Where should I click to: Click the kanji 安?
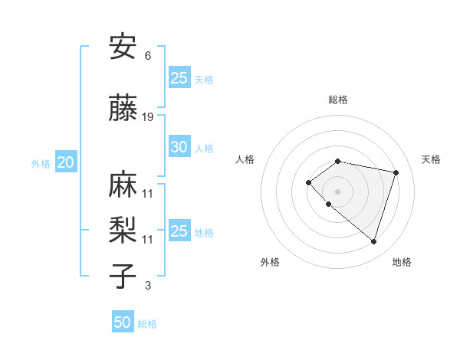pyautogui.click(x=123, y=47)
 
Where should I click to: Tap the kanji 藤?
pyautogui.click(x=123, y=110)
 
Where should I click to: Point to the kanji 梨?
pyautogui.click(x=123, y=230)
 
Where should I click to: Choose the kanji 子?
pyautogui.click(x=123, y=275)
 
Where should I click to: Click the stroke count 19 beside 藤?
pyautogui.click(x=148, y=117)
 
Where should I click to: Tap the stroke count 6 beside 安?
pyautogui.click(x=148, y=55)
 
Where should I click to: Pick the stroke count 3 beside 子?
pyautogui.click(x=148, y=286)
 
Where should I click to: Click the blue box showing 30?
pyautogui.click(x=179, y=148)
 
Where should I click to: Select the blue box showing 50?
pyautogui.click(x=123, y=322)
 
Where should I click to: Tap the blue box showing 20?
pyautogui.click(x=66, y=162)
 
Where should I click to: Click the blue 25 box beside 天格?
pyautogui.click(x=179, y=78)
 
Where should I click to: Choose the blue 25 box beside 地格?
pyautogui.click(x=179, y=231)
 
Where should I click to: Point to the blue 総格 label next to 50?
pyautogui.click(x=147, y=324)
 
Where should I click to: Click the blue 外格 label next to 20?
pyautogui.click(x=41, y=163)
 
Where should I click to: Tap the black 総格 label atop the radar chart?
pyautogui.click(x=338, y=100)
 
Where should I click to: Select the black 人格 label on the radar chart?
pyautogui.click(x=245, y=159)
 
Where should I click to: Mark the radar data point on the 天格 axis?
pyautogui.click(x=396, y=172)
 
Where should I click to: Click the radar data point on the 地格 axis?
pyautogui.click(x=373, y=241)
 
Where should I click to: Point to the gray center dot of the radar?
pyautogui.click(x=338, y=191)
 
